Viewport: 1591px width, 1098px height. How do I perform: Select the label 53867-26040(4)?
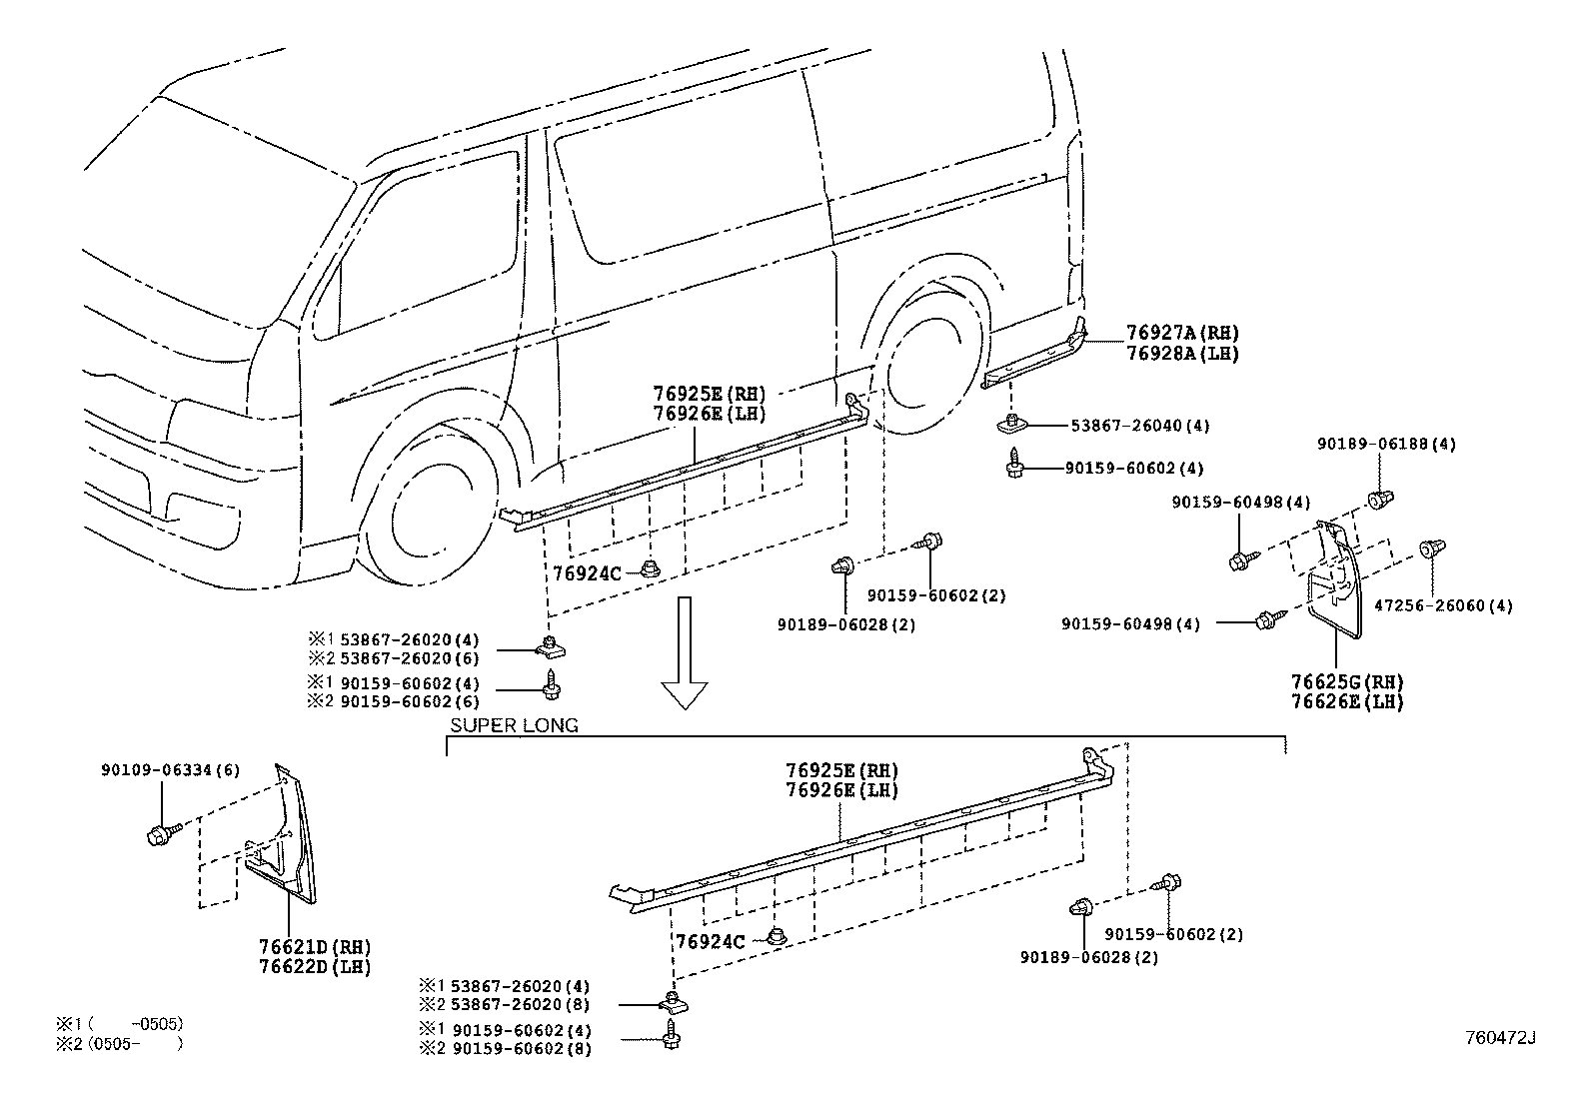[1139, 426]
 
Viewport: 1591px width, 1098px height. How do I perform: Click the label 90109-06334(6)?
[156, 770]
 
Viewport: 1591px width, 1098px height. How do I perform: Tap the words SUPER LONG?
[514, 726]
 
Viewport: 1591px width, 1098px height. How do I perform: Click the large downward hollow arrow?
[685, 652]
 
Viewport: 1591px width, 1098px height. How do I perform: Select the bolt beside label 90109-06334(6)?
[162, 831]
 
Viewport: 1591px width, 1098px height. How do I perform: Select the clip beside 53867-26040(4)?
[1011, 424]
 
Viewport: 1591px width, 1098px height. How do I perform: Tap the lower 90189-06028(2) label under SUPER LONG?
[1088, 957]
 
